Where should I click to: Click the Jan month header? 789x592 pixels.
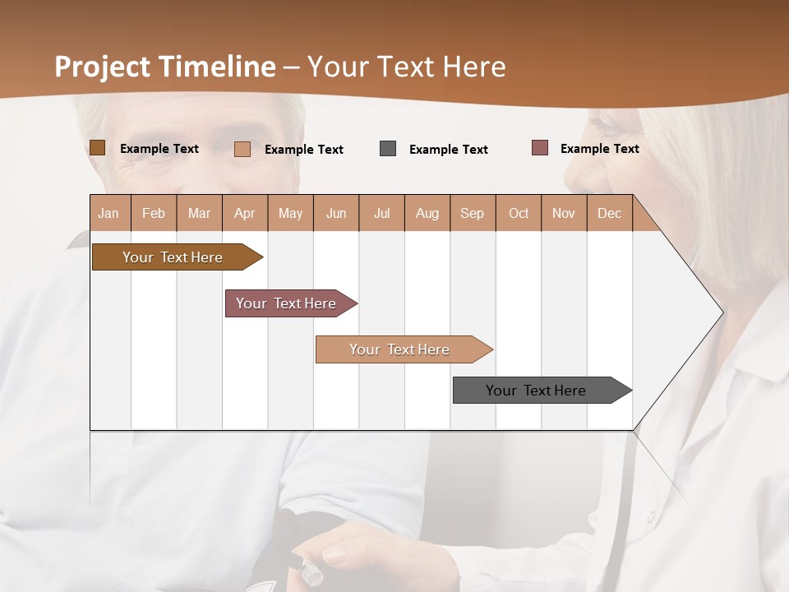click(x=109, y=213)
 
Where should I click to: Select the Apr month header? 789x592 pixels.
click(x=245, y=213)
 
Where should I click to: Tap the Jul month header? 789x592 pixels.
click(x=381, y=213)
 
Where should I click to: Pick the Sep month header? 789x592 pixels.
click(x=473, y=213)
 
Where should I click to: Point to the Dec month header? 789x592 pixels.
click(x=609, y=213)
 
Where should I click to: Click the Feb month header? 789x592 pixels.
click(x=154, y=213)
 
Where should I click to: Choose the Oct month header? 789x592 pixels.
click(x=519, y=213)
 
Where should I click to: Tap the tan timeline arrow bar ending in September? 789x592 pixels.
click(x=399, y=349)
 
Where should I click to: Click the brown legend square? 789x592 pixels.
click(x=97, y=148)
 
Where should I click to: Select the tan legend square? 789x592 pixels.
click(x=242, y=149)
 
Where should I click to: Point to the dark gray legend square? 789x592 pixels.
click(x=388, y=149)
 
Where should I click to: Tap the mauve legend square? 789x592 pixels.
click(x=539, y=148)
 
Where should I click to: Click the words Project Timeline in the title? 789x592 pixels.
click(x=164, y=67)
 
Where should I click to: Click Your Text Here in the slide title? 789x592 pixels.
click(x=407, y=67)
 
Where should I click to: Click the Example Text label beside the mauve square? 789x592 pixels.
click(x=599, y=148)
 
